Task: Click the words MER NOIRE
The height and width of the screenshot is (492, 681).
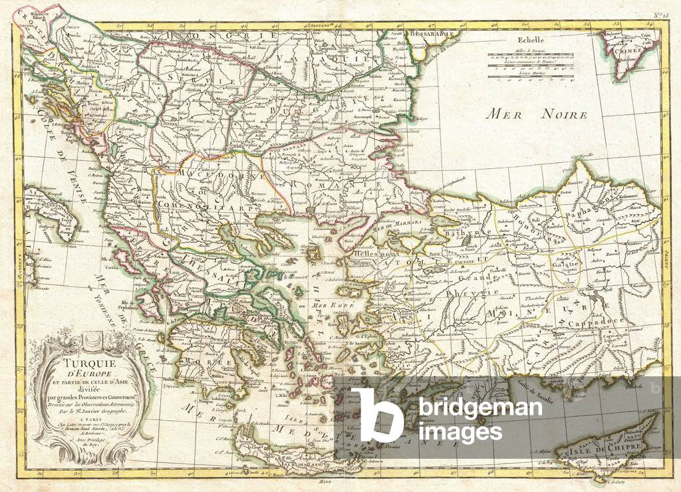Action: tap(537, 114)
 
